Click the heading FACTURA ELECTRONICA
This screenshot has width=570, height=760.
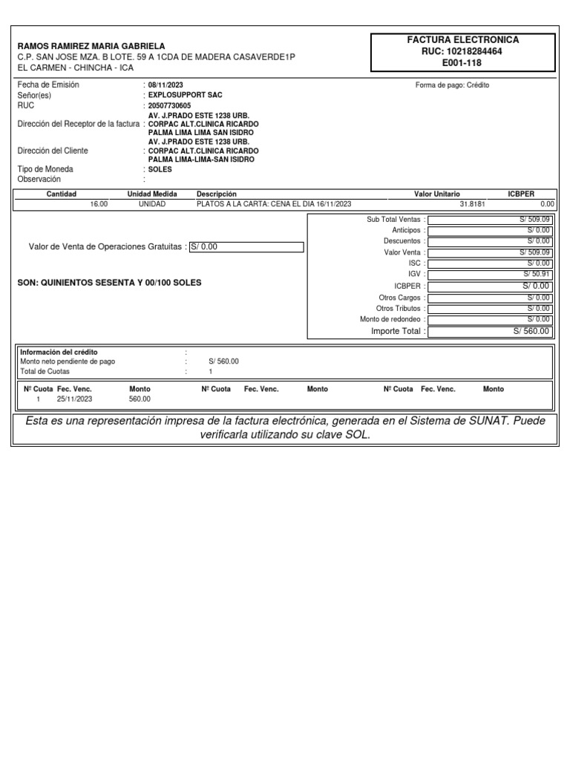462,40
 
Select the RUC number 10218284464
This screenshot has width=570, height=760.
462,52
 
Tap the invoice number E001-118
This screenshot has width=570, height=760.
462,63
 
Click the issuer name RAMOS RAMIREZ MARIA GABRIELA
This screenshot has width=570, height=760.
91,46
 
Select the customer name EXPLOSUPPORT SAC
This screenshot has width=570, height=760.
185,96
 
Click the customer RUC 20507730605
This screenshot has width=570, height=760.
169,106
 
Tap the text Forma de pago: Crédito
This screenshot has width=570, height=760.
452,85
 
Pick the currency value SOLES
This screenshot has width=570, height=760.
160,169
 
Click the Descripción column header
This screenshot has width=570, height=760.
216,194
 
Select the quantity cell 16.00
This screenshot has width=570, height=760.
98,204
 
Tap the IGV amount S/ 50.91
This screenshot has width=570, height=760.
536,275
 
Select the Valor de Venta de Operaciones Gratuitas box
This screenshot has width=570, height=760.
246,247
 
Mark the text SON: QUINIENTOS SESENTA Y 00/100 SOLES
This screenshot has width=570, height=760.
109,284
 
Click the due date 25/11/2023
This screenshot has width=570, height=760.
74,399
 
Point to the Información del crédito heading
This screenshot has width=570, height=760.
59,352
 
